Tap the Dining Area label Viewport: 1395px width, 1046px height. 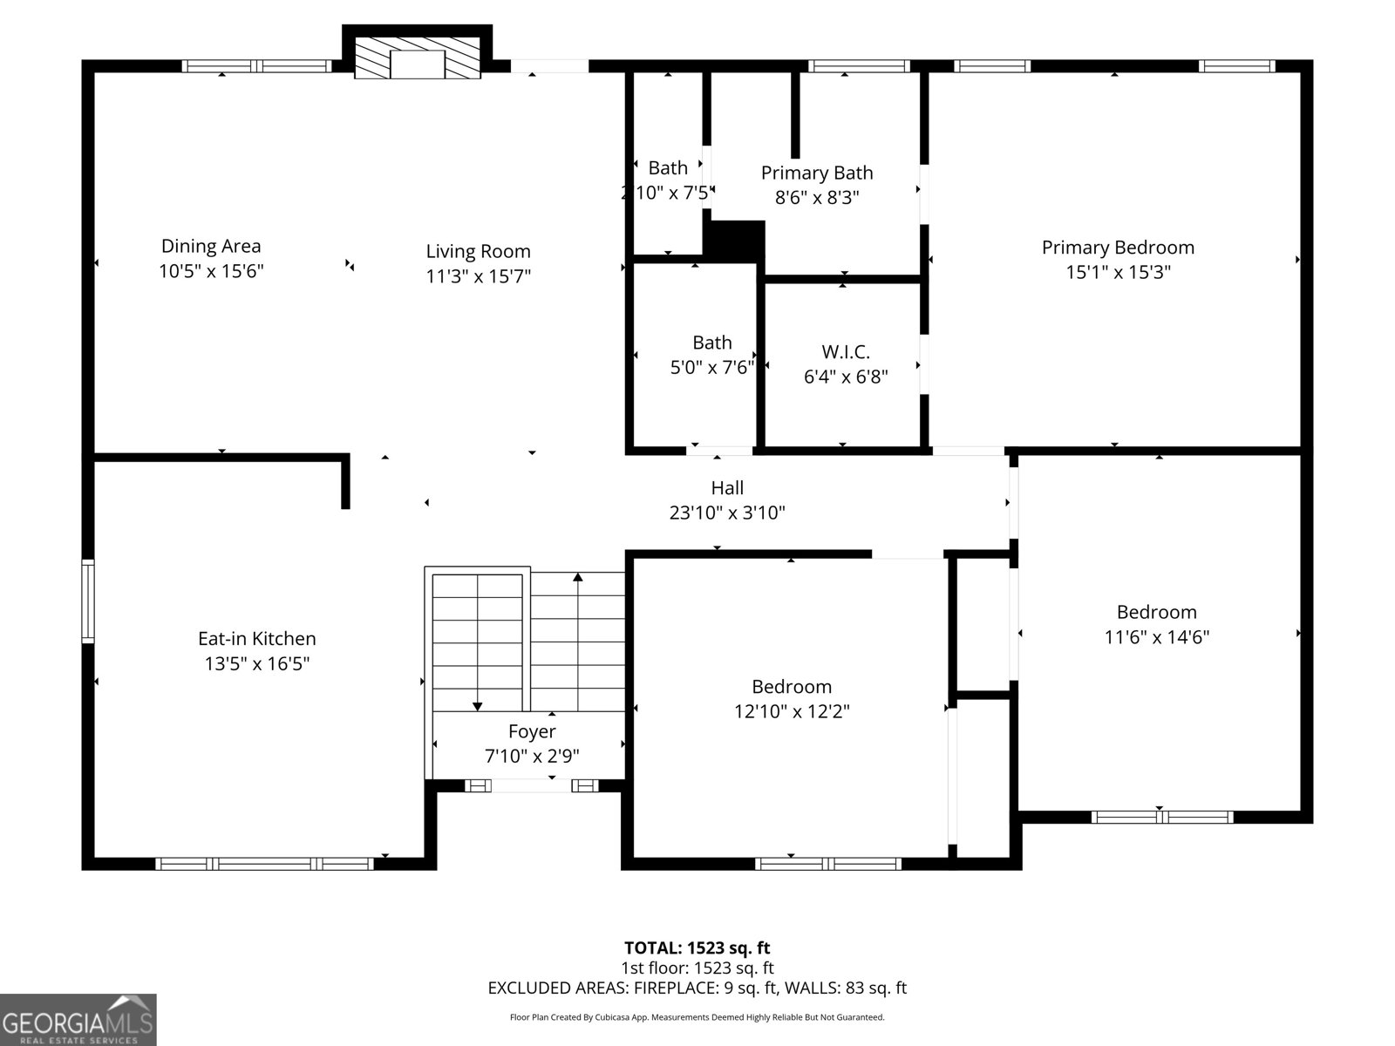pos(211,247)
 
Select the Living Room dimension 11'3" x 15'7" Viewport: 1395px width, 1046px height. pos(478,276)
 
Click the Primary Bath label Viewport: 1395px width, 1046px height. pos(816,173)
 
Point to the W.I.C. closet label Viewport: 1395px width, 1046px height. pos(845,352)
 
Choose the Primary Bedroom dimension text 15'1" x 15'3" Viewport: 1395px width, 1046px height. pos(1118,272)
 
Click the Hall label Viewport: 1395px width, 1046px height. pos(726,488)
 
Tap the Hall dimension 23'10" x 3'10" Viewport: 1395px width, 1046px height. pos(726,513)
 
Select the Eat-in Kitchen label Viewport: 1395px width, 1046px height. pos(256,639)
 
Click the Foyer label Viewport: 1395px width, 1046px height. pos(531,732)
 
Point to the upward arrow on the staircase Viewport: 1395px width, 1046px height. pos(577,577)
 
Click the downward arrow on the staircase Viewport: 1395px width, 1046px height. pos(478,705)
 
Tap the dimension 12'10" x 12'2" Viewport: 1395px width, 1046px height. pos(791,711)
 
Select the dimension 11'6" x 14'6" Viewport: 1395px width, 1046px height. pos(1156,637)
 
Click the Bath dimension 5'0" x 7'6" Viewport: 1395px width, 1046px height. pos(711,367)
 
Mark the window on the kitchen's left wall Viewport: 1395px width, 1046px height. pos(88,601)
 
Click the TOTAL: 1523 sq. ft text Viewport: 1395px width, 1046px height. pos(697,948)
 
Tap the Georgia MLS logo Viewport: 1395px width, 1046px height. pos(78,1019)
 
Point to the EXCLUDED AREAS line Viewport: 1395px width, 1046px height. pos(697,988)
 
